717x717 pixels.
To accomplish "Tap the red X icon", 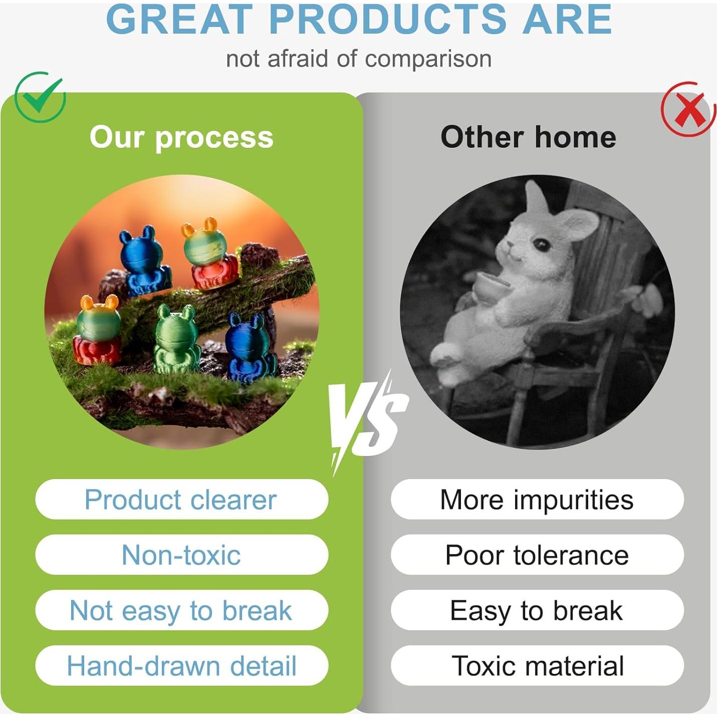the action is tap(688, 109).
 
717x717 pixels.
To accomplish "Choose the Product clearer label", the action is tap(181, 500).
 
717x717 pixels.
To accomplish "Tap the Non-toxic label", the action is tap(181, 555).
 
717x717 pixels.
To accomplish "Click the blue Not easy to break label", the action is tap(181, 610).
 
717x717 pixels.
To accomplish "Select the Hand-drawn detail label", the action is tap(181, 666).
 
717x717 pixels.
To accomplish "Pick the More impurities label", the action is tap(537, 500).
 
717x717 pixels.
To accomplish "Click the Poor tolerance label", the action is tap(537, 555).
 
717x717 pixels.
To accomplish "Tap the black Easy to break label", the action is tap(537, 610).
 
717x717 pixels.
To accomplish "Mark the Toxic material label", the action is tap(537, 666).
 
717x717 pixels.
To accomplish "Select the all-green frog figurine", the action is tap(176, 339).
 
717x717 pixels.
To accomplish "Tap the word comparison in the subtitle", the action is tap(428, 59).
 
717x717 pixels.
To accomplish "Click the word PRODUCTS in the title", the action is tap(387, 20).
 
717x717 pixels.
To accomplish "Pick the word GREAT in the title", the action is tap(177, 20).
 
